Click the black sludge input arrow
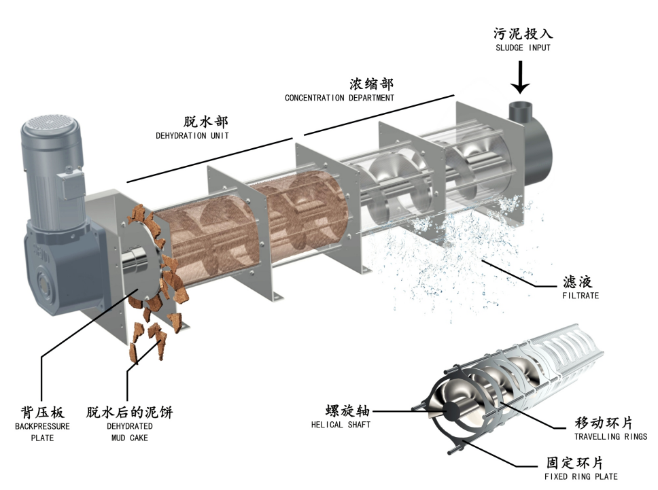point(521,77)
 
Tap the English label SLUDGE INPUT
point(521,48)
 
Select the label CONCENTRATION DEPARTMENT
point(339,98)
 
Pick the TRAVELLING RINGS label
point(610,436)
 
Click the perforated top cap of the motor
point(50,125)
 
